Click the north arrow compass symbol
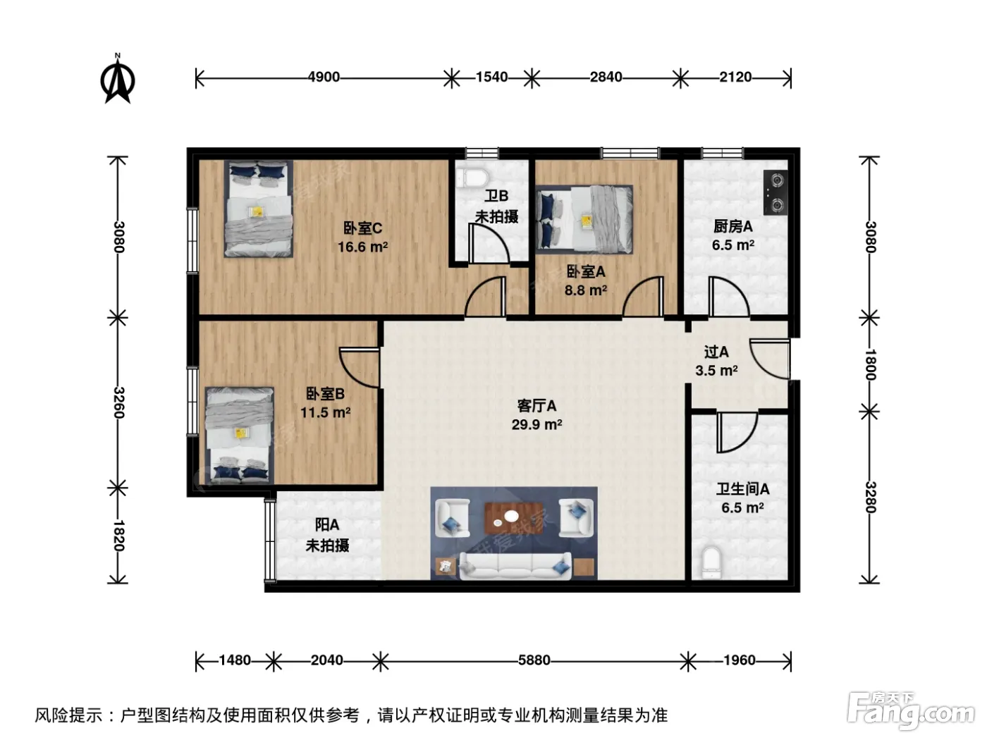(x=117, y=79)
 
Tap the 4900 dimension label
(x=324, y=77)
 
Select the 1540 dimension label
(x=491, y=77)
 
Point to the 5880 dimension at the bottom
(x=534, y=660)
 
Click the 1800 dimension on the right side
(x=870, y=364)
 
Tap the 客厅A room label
(x=537, y=406)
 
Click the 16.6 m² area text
(x=362, y=247)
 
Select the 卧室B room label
(x=325, y=394)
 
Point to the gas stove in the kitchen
(x=775, y=192)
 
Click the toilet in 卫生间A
(x=711, y=562)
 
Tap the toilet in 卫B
(x=471, y=177)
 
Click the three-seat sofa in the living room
(x=515, y=567)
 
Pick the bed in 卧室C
(x=259, y=209)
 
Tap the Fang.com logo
(x=910, y=712)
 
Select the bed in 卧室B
(x=239, y=436)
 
